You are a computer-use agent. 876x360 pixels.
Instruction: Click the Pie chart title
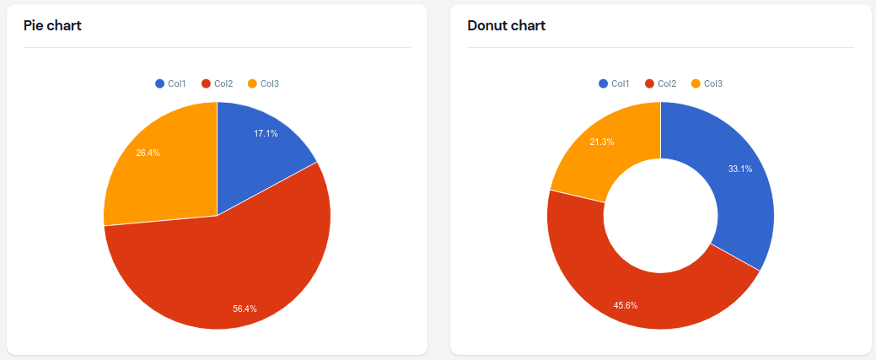(x=52, y=25)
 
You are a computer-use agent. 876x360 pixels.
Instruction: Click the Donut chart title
(x=506, y=25)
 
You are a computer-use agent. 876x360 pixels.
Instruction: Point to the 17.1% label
(x=266, y=133)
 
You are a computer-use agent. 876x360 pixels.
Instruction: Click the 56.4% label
(x=245, y=309)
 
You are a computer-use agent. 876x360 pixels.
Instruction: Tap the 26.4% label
(x=148, y=153)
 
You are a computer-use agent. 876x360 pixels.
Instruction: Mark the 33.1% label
(x=740, y=169)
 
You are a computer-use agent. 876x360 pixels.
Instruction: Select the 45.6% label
(x=626, y=304)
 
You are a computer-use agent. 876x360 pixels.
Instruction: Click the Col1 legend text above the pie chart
(x=176, y=83)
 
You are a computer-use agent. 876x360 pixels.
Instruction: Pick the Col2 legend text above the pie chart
(x=223, y=83)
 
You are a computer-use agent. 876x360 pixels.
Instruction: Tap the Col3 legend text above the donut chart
(x=713, y=83)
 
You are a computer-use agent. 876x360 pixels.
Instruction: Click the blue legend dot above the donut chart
(x=603, y=83)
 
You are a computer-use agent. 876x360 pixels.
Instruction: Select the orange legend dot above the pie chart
(x=252, y=83)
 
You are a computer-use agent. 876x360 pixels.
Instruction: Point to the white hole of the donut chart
(x=660, y=215)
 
